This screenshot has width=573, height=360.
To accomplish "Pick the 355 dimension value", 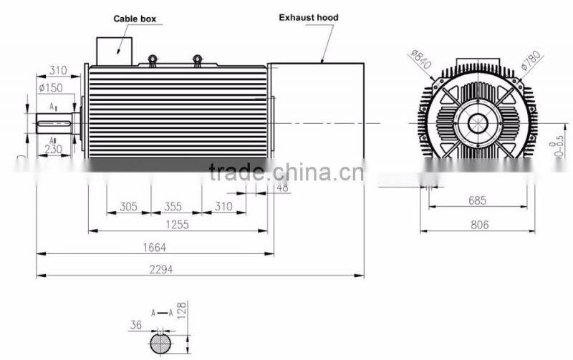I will coord(173,206).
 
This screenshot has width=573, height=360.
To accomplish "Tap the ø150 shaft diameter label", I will coord(50,88).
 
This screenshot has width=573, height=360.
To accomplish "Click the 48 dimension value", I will coord(281,188).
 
